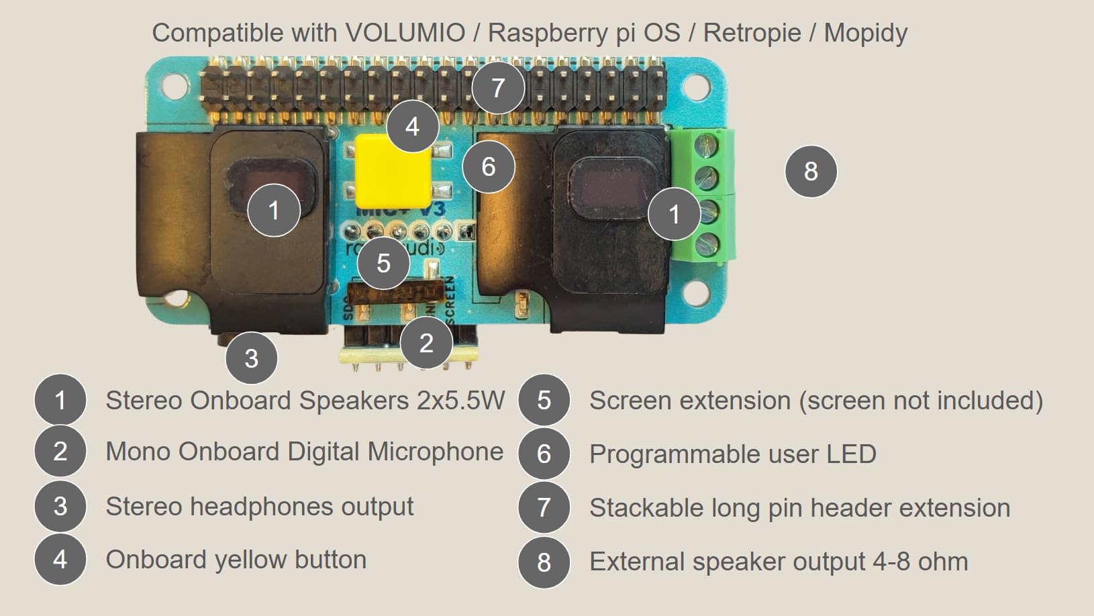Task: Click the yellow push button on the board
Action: [x=393, y=171]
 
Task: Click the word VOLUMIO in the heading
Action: [x=405, y=32]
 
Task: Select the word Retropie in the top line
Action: [x=752, y=32]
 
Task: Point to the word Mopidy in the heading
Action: [x=865, y=32]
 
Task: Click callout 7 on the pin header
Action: [x=498, y=88]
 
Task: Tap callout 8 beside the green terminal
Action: [x=811, y=171]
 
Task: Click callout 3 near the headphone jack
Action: [x=251, y=358]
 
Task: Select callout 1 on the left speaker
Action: [x=273, y=211]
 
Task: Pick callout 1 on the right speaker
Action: [x=674, y=214]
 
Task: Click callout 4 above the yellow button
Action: [x=412, y=126]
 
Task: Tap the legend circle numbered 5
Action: [x=544, y=401]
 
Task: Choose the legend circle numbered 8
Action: [x=544, y=562]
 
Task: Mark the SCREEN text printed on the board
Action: [x=449, y=300]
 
